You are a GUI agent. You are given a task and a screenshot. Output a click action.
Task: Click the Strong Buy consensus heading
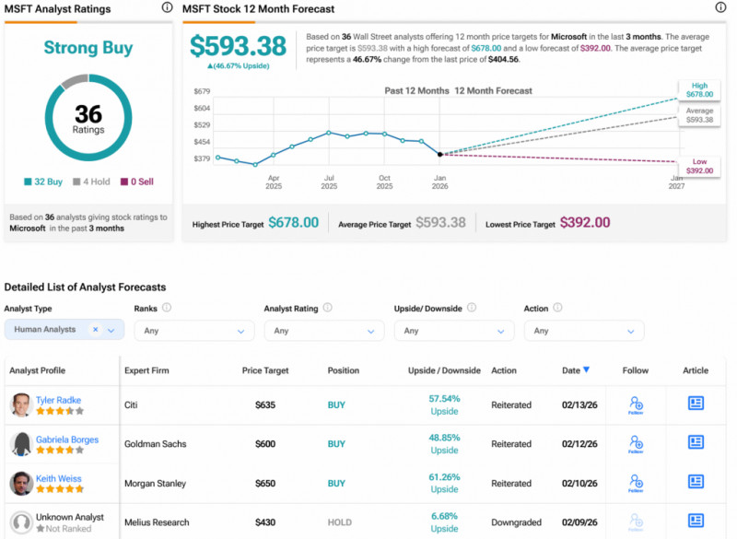click(88, 48)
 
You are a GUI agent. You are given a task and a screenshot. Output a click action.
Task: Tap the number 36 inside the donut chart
click(88, 113)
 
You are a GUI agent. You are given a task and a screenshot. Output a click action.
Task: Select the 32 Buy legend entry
click(43, 182)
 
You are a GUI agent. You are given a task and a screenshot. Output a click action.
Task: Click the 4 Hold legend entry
click(92, 182)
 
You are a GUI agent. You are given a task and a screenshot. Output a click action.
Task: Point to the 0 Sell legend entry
click(137, 182)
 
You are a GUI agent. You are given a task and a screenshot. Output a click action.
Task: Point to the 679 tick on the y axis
click(203, 91)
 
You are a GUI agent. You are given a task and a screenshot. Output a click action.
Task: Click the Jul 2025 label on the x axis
click(329, 182)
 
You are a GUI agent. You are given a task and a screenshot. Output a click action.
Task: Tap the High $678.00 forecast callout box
click(699, 88)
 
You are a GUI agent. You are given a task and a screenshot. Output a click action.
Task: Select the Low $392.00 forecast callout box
click(699, 166)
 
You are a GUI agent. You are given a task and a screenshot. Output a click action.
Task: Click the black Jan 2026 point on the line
click(439, 154)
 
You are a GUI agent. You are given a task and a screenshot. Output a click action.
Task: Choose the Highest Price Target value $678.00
click(294, 223)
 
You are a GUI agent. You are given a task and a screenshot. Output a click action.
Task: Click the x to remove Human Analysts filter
click(95, 329)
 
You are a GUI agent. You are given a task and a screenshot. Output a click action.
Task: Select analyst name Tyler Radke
click(58, 401)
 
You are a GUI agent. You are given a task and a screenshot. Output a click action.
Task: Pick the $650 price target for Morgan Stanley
click(265, 484)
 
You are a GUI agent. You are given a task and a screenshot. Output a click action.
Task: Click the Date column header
click(571, 370)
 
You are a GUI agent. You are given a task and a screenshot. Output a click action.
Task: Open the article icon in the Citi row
click(696, 404)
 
